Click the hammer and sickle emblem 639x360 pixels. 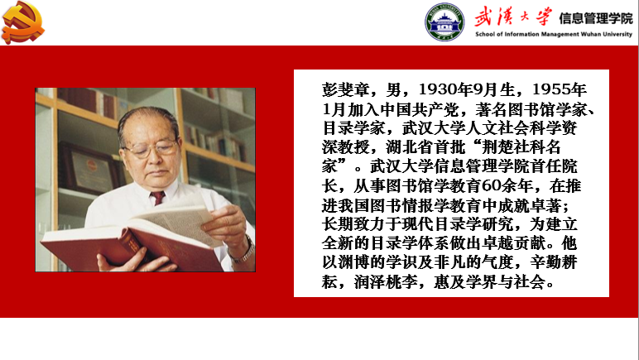23,22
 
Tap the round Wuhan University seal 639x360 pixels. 444,22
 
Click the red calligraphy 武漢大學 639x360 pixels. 513,17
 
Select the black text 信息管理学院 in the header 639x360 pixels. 595,18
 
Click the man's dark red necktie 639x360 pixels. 157,198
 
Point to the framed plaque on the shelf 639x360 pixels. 89,168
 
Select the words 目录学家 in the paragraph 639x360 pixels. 353,128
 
